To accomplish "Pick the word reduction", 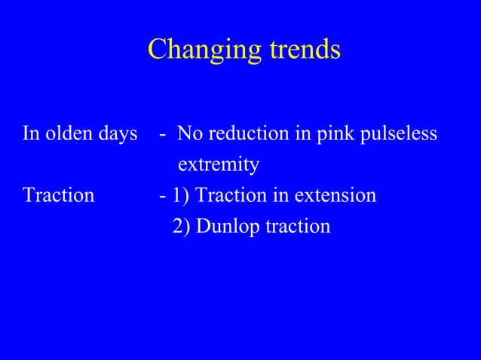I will [x=247, y=135].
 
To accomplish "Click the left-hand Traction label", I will [x=59, y=196].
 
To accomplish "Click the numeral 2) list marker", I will [x=182, y=226].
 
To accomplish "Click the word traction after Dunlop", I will [x=296, y=226].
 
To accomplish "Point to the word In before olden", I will [x=31, y=135].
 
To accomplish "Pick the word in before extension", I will [x=280, y=196].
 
